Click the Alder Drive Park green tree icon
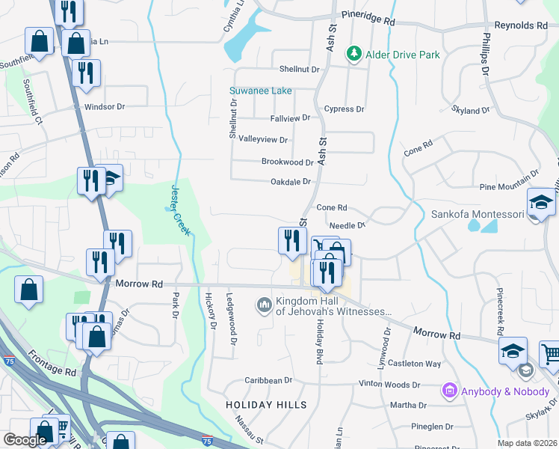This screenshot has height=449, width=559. (353, 54)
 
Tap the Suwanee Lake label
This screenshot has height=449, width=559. (260, 91)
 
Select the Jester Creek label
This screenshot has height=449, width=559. (180, 210)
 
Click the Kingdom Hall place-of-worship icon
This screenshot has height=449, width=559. (263, 305)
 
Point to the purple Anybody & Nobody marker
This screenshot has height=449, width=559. (450, 390)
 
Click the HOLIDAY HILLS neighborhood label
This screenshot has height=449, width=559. (266, 405)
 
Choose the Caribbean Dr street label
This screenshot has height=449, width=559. (262, 380)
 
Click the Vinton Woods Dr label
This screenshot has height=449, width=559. (389, 385)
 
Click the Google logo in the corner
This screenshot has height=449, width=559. (25, 440)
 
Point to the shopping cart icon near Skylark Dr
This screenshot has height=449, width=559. (550, 354)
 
